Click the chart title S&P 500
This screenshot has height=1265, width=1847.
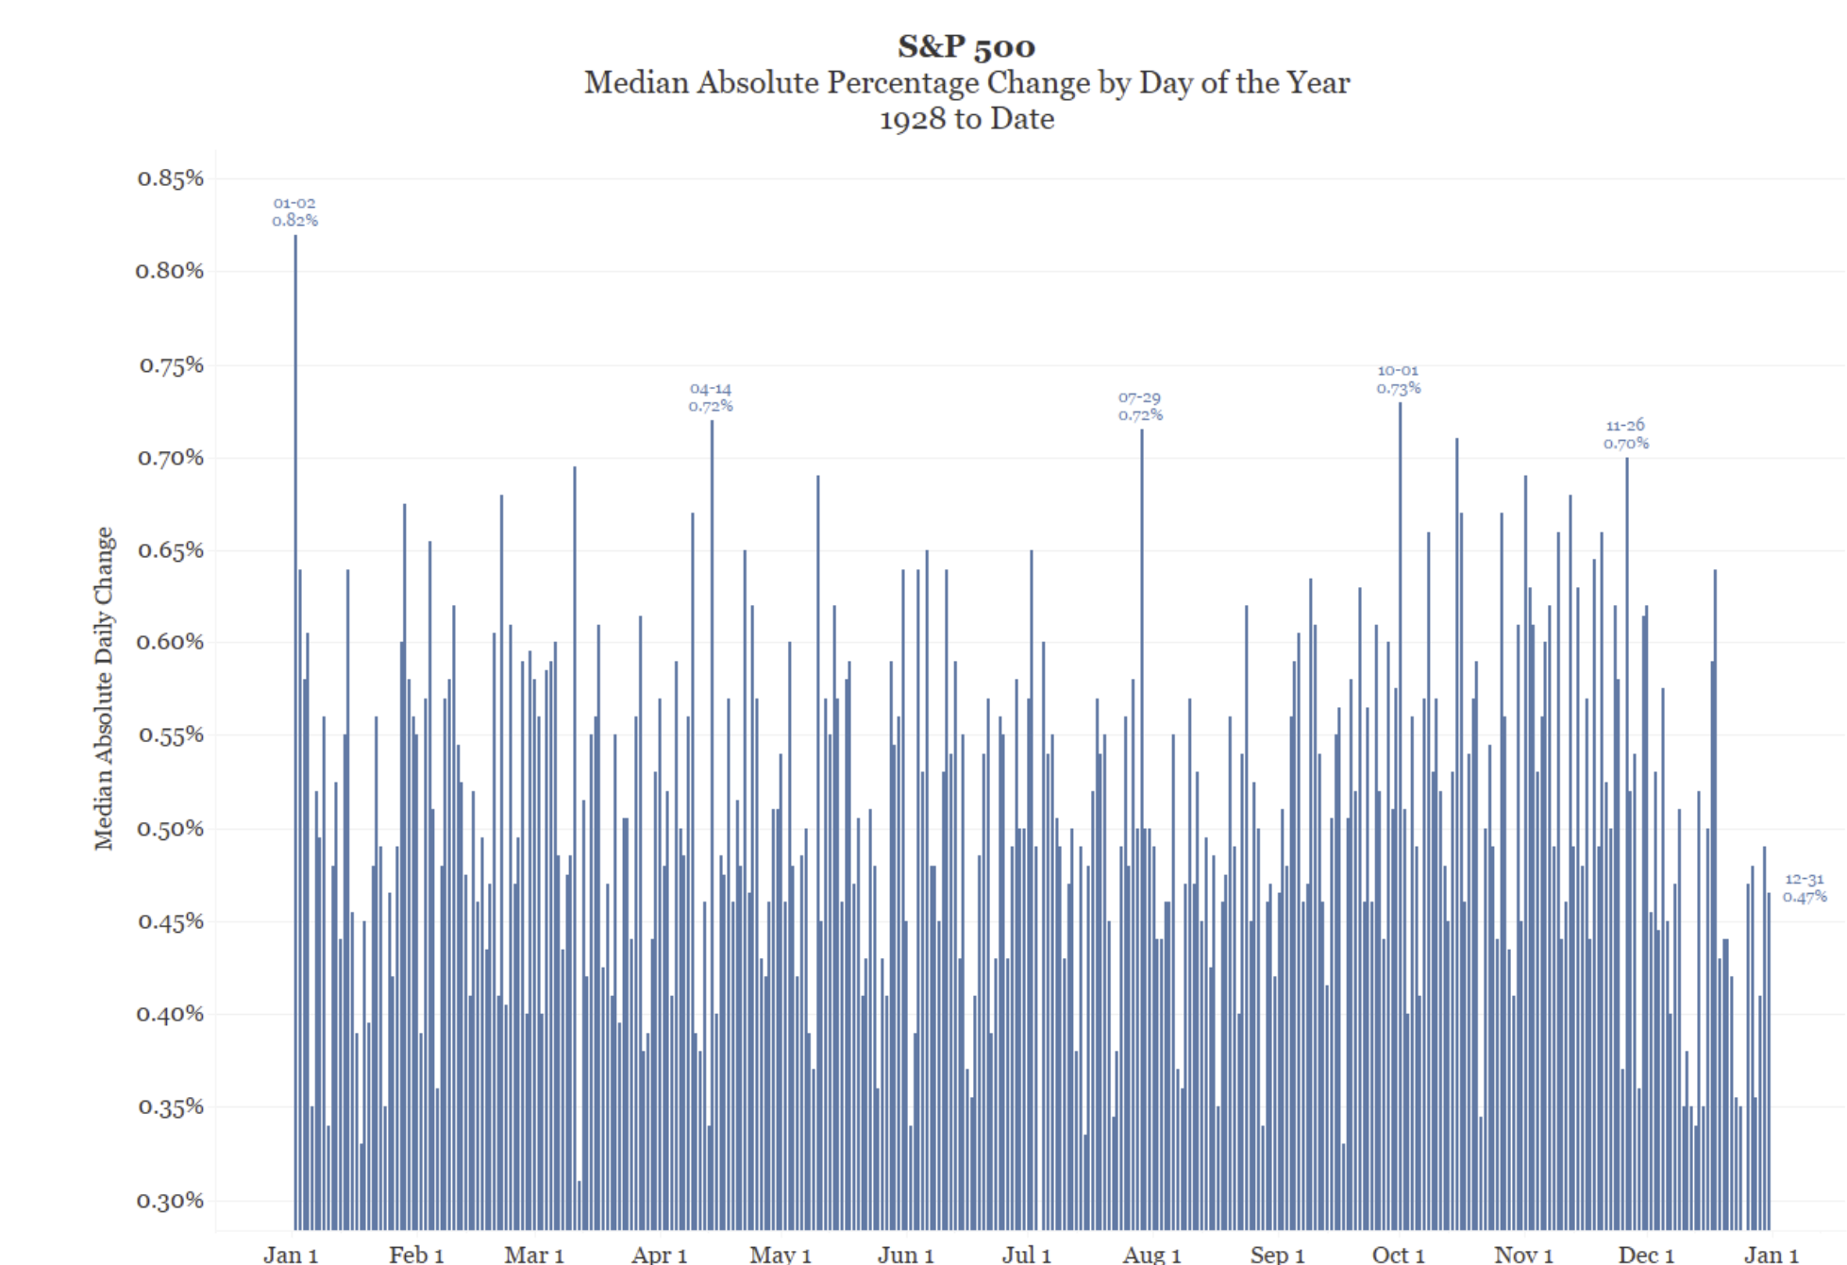(965, 45)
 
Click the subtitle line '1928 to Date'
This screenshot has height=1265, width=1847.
(965, 119)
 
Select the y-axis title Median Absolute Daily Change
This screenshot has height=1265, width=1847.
(104, 688)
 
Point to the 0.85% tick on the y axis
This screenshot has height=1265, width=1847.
(170, 177)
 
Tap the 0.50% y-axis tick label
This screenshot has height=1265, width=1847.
(170, 828)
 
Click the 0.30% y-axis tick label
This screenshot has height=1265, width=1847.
(170, 1200)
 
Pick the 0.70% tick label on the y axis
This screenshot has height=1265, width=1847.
(170, 457)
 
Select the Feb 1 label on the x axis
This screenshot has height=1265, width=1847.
(416, 1254)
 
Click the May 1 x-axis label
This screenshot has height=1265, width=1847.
(781, 1254)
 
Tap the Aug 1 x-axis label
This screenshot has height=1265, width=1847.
(1151, 1254)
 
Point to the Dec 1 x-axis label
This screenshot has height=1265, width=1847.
(1646, 1254)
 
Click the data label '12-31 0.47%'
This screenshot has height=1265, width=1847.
(1804, 887)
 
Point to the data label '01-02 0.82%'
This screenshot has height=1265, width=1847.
(294, 211)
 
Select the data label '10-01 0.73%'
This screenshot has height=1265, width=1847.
(1398, 379)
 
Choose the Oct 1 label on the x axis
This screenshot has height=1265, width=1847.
(1398, 1254)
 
